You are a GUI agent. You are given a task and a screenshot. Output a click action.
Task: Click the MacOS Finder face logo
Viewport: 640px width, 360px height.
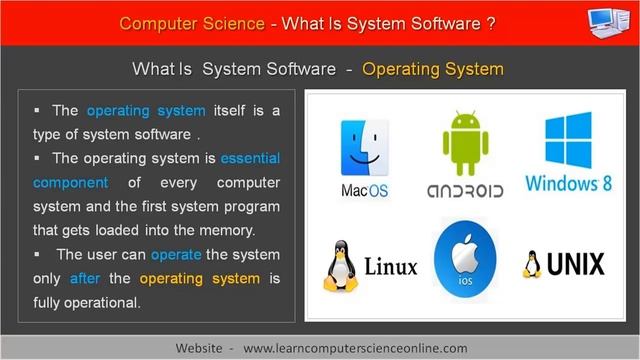364,147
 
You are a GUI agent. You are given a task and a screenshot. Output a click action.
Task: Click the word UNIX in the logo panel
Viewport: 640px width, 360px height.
577,265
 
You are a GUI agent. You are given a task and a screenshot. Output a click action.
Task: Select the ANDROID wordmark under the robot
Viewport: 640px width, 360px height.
465,189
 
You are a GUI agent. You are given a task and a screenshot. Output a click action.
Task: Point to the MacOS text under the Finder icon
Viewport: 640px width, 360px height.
364,188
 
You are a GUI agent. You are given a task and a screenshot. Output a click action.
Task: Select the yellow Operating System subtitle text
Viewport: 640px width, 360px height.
433,70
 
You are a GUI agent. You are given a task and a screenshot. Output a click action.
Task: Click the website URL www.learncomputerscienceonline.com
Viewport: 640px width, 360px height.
355,346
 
